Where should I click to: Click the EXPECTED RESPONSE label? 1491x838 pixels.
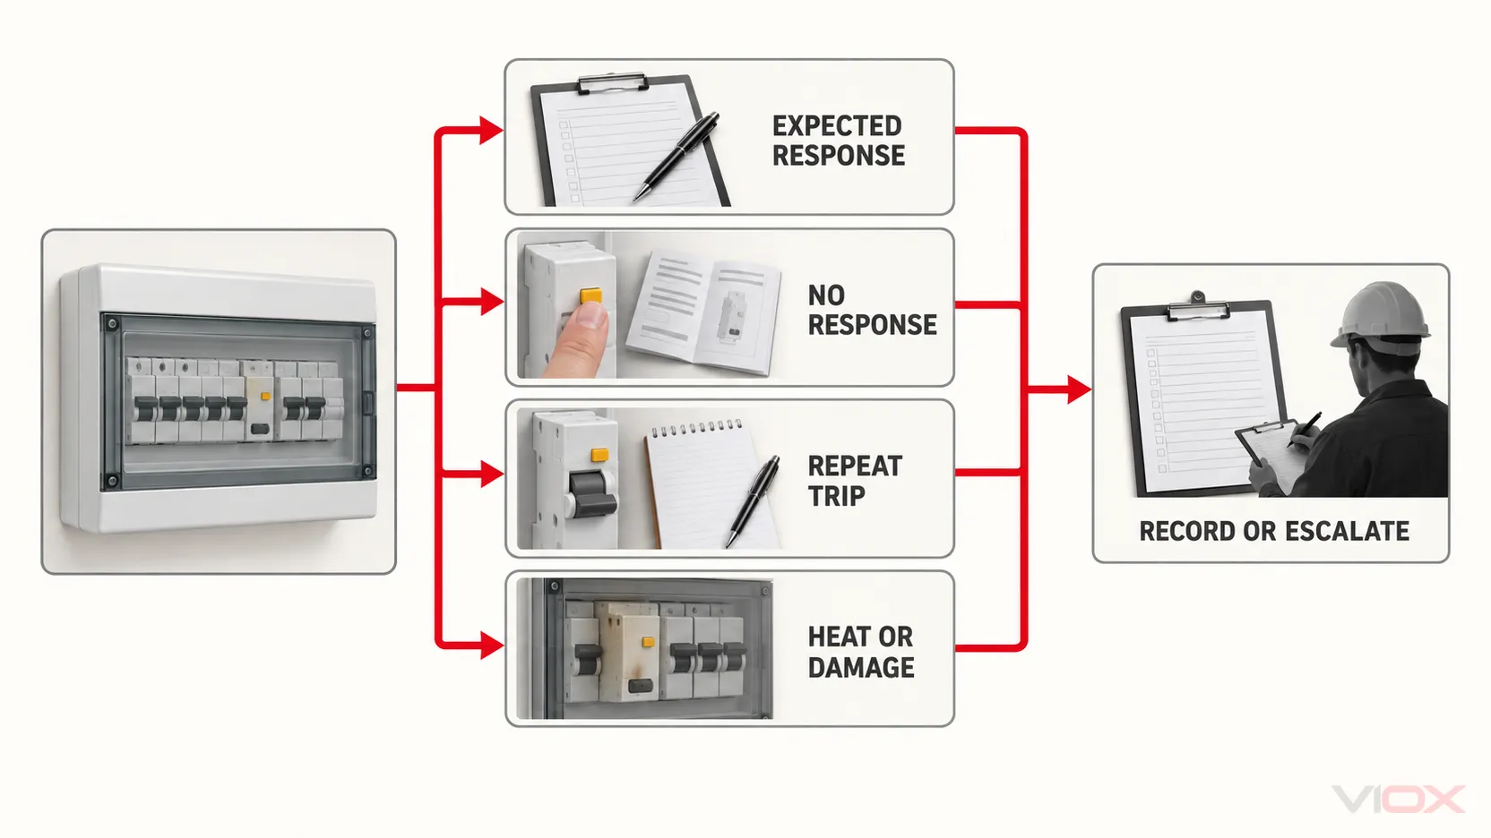coord(838,141)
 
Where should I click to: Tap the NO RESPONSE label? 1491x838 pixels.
coord(872,310)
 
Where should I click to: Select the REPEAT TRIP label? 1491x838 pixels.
coord(855,481)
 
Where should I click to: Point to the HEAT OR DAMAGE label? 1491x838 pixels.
coord(861,652)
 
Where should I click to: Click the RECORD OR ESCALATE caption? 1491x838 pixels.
coord(1274,532)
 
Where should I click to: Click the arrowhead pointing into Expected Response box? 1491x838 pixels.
coord(491,130)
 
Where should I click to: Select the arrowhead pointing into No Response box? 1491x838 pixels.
coord(491,302)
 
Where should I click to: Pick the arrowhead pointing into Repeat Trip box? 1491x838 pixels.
coord(491,475)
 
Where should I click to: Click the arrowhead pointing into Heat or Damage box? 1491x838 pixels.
coord(491,646)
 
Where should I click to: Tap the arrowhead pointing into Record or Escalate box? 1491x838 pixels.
coord(1079,389)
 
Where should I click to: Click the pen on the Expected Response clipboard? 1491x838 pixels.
coord(676,156)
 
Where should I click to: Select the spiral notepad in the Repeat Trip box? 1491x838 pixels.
coord(705,484)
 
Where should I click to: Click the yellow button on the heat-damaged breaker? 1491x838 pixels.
coord(648,642)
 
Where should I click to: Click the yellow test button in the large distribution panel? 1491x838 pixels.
coord(265,397)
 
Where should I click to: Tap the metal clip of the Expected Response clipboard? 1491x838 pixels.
coord(612,84)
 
